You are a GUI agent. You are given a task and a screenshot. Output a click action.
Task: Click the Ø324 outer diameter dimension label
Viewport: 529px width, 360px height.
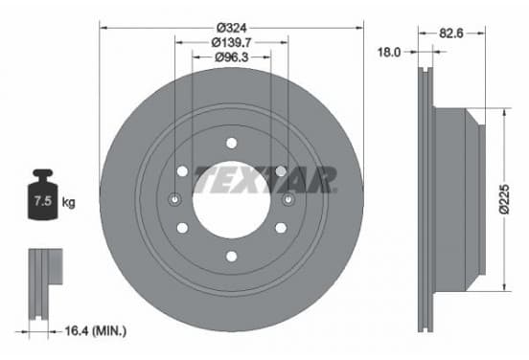(x=232, y=28)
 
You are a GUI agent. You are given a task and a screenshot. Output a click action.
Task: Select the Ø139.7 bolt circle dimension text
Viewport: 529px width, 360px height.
(x=232, y=42)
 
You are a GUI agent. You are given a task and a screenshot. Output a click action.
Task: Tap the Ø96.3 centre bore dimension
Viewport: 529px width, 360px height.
(x=232, y=57)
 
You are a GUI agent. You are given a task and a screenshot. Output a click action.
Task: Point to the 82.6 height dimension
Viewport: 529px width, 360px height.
(x=451, y=34)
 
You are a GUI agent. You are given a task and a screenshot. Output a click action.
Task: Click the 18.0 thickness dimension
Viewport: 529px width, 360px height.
(x=389, y=52)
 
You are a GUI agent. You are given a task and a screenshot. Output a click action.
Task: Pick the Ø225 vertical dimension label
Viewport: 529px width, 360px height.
(x=504, y=199)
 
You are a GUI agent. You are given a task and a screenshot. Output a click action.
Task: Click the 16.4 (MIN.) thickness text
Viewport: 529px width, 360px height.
(x=96, y=330)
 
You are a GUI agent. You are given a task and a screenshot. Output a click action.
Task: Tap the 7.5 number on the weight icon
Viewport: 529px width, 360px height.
(x=43, y=201)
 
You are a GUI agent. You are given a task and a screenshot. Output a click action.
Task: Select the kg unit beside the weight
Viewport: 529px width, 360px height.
(x=68, y=203)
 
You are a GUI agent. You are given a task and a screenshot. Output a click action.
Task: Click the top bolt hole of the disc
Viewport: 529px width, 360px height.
(x=232, y=143)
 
